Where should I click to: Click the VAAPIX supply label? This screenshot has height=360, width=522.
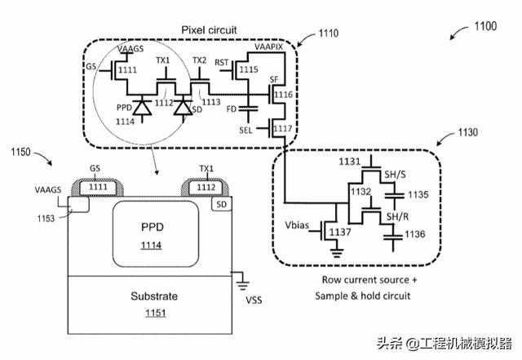[269, 48]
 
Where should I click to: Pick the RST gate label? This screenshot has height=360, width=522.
[221, 62]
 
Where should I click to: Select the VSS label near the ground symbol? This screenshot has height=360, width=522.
[254, 300]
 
